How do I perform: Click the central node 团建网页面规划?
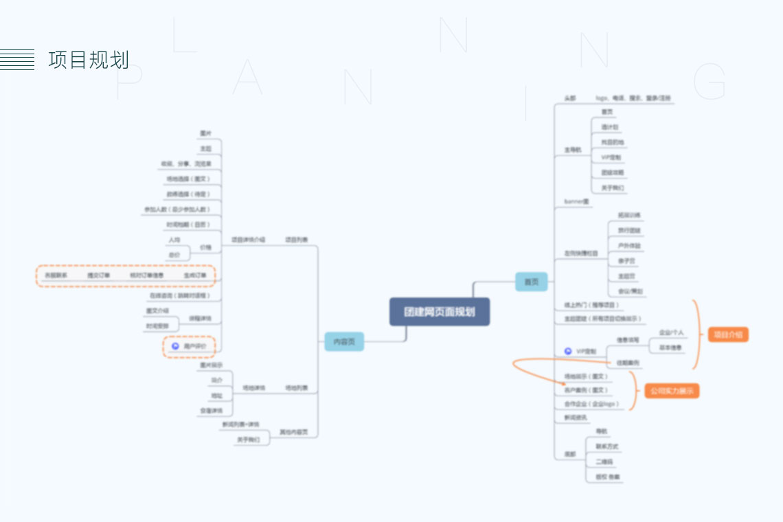440,312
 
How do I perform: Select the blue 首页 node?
532,282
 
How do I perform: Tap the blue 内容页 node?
344,341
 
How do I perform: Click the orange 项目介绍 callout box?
728,334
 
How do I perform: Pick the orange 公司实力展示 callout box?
671,391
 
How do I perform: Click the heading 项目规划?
89,60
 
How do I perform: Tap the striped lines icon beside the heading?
17,60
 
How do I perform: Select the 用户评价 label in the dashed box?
195,346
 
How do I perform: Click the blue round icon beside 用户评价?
175,346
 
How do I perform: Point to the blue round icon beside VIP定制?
568,351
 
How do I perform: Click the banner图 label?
576,201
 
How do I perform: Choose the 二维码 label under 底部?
604,462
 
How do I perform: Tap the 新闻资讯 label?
576,417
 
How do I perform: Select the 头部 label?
570,99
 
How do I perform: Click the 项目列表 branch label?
297,240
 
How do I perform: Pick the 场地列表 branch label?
297,388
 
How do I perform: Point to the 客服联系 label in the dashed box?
56,275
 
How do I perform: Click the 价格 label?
205,247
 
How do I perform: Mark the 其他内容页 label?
294,432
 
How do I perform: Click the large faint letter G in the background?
710,82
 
